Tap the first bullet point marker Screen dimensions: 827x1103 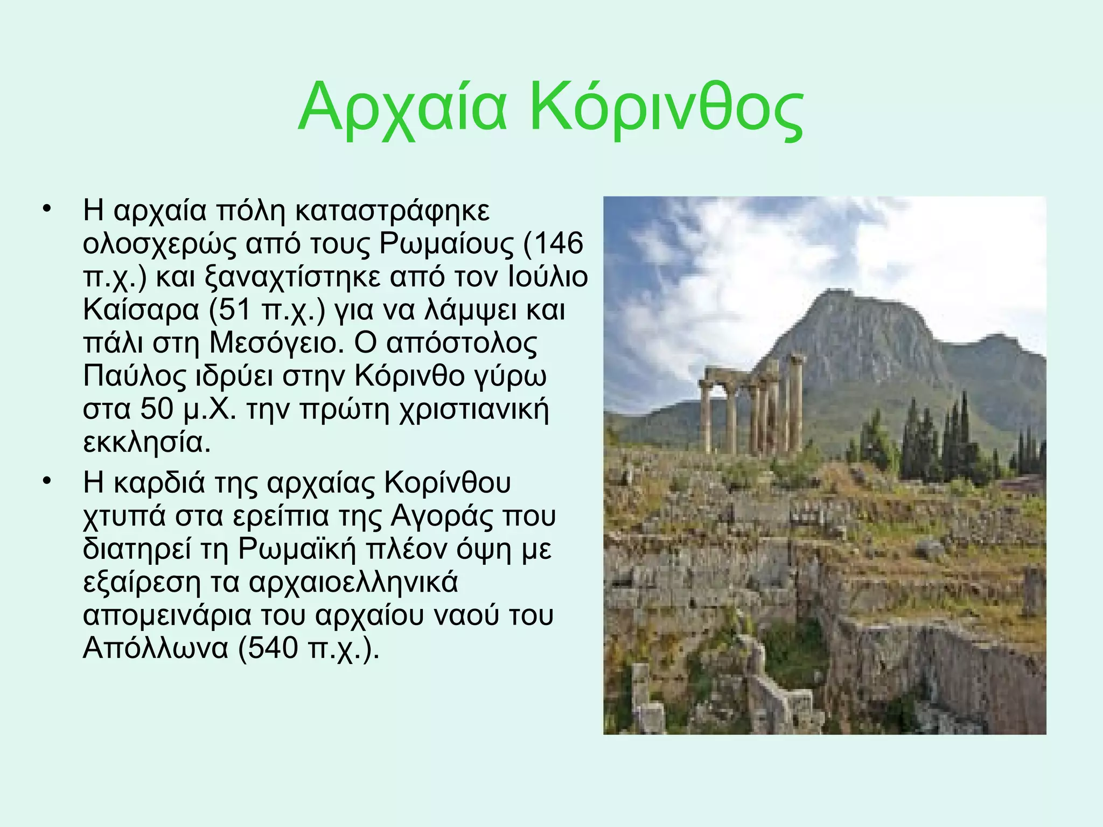point(47,209)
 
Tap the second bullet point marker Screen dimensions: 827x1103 point(47,481)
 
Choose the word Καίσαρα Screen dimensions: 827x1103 point(141,311)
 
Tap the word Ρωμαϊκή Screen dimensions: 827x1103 point(297,549)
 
